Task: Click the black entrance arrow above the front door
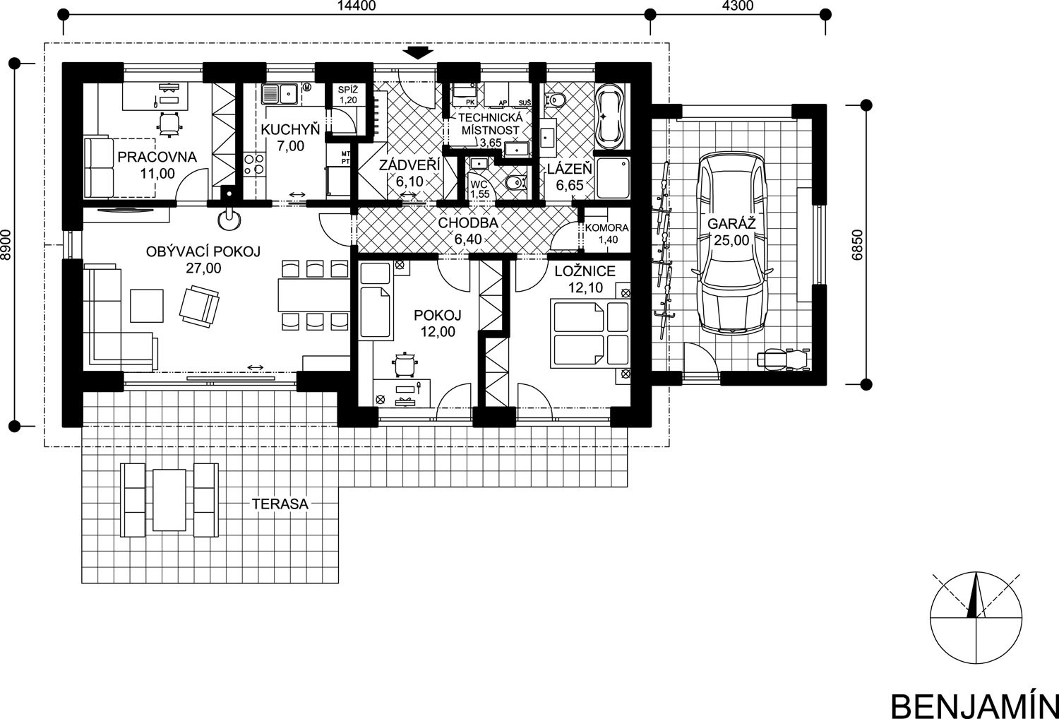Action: pyautogui.click(x=417, y=52)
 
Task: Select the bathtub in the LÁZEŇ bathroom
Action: pyautogui.click(x=611, y=114)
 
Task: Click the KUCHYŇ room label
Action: pyautogui.click(x=290, y=129)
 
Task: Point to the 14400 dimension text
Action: pyautogui.click(x=357, y=6)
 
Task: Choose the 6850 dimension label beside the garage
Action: pyautogui.click(x=857, y=245)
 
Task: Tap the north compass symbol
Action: pyautogui.click(x=975, y=618)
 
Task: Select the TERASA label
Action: pyautogui.click(x=280, y=504)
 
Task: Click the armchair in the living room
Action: pyautogui.click(x=199, y=306)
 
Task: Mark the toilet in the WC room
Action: pyautogui.click(x=515, y=183)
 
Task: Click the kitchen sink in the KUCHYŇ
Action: pyautogui.click(x=280, y=94)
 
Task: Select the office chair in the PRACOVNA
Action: pyautogui.click(x=169, y=124)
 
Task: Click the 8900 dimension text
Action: pyautogui.click(x=6, y=245)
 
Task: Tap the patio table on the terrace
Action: pyautogui.click(x=169, y=499)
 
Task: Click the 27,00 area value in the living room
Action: pyautogui.click(x=203, y=268)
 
